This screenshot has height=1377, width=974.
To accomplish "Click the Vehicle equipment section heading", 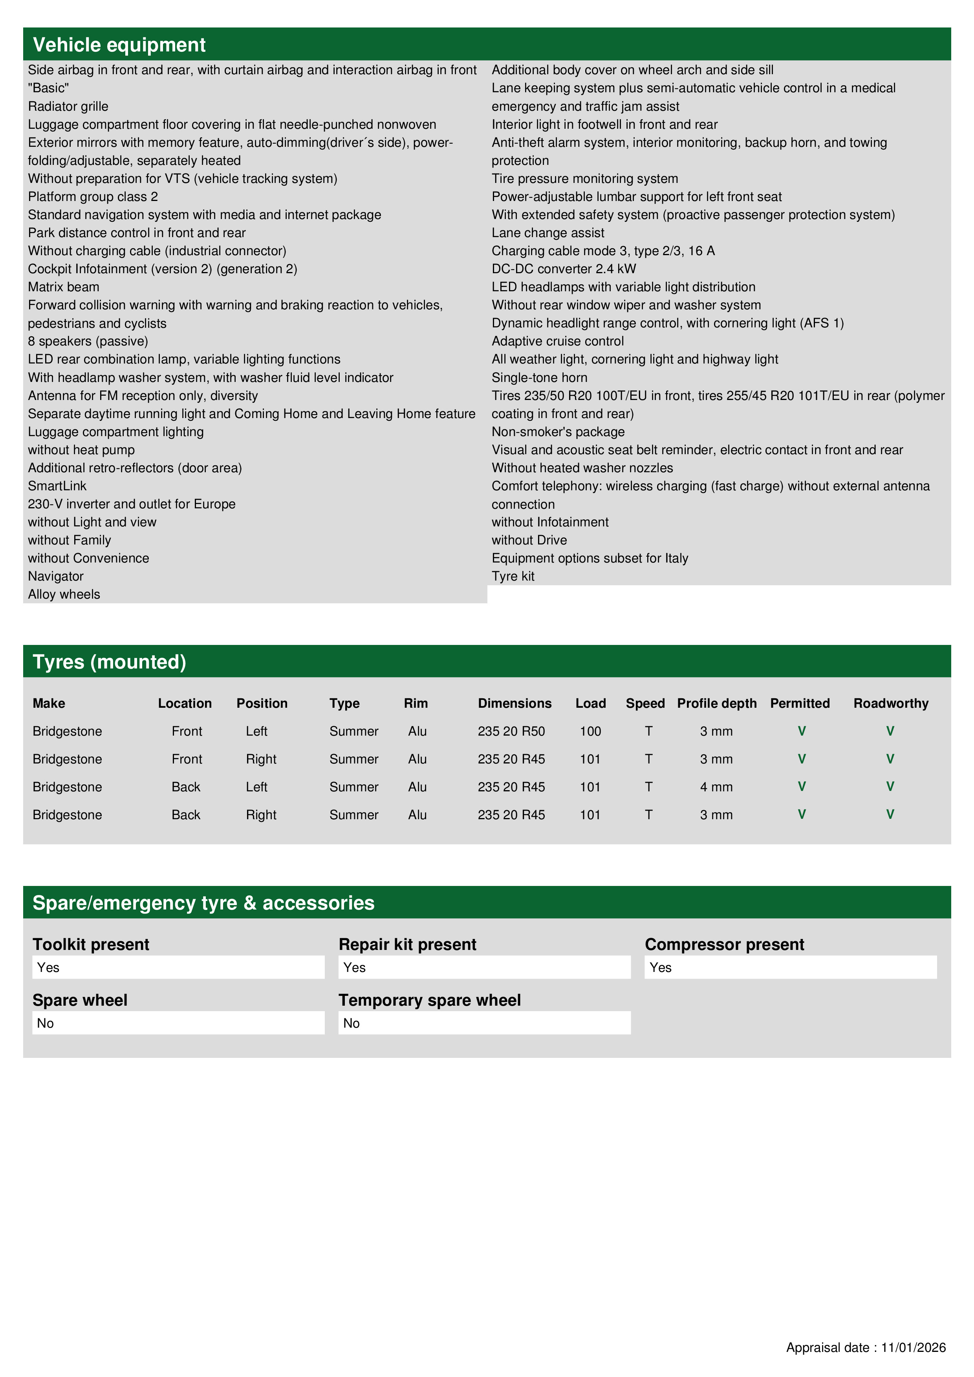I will pyautogui.click(x=119, y=45).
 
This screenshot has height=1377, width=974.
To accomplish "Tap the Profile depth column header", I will pyautogui.click(x=716, y=703).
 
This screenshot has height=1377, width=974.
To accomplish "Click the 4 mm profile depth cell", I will pyautogui.click(x=716, y=787).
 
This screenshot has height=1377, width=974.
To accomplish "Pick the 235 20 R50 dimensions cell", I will pyautogui.click(x=511, y=731).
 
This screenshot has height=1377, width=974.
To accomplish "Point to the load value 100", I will pyautogui.click(x=590, y=731).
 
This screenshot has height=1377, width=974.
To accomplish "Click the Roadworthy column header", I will pyautogui.click(x=891, y=703).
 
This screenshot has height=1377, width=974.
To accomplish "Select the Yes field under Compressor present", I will pyautogui.click(x=790, y=967).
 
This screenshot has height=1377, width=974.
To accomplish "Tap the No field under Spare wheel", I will pyautogui.click(x=178, y=1023).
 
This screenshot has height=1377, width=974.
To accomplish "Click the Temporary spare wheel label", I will pyautogui.click(x=429, y=1000).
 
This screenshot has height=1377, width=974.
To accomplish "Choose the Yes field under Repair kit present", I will pyautogui.click(x=484, y=967).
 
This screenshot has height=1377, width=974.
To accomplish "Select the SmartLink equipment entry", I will pyautogui.click(x=57, y=486).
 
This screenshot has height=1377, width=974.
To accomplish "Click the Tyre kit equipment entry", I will pyautogui.click(x=513, y=576).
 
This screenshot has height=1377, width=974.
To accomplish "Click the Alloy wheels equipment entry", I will pyautogui.click(x=64, y=594).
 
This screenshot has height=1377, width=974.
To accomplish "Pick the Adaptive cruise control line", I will pyautogui.click(x=558, y=341).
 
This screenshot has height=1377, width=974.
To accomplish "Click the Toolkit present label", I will pyautogui.click(x=91, y=944).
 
